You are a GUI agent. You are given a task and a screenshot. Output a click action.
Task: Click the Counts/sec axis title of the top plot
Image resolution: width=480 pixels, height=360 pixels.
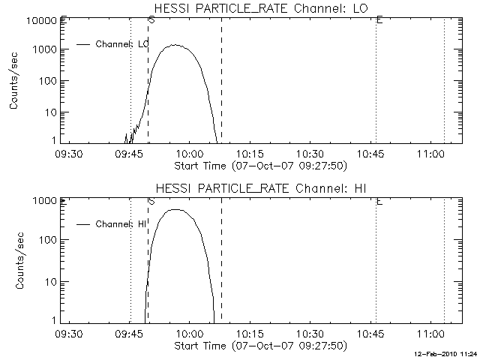click(14, 81)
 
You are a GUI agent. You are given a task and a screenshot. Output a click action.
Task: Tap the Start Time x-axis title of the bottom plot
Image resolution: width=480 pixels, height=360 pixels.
click(259, 345)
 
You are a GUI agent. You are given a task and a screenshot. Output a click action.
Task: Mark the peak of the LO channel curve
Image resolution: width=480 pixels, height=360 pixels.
click(175, 44)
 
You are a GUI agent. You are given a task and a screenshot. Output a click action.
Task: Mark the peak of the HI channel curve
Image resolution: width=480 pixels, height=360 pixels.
click(175, 209)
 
